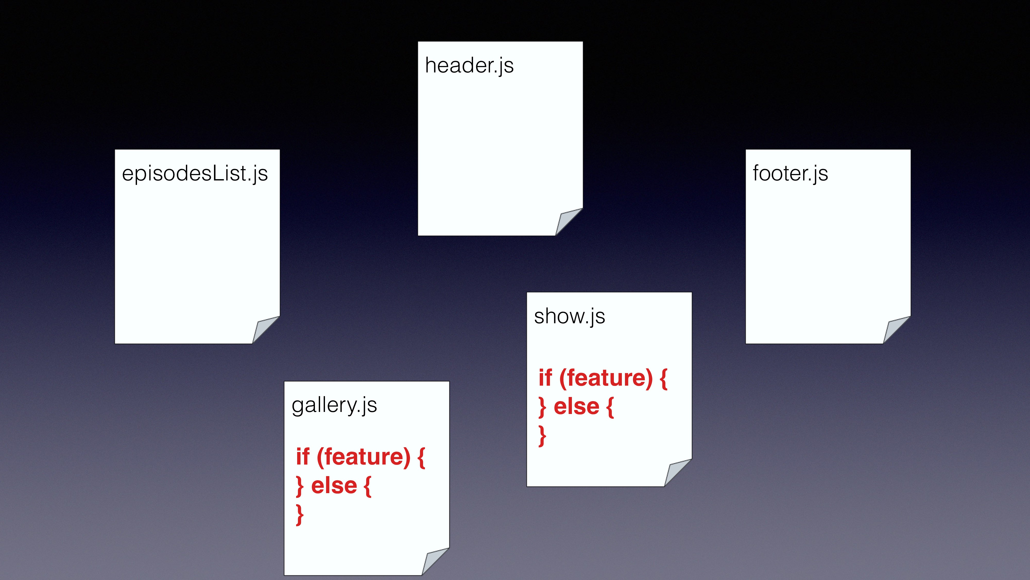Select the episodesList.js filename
[x=195, y=174]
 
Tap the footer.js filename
[x=790, y=174]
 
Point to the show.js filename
[x=569, y=316]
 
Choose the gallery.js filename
[x=334, y=405]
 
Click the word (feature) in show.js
[x=606, y=378]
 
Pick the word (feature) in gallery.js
[x=363, y=457]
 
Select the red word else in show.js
[x=576, y=407]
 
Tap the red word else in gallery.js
[x=334, y=486]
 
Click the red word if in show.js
[x=545, y=378]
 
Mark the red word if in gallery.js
[x=303, y=457]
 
